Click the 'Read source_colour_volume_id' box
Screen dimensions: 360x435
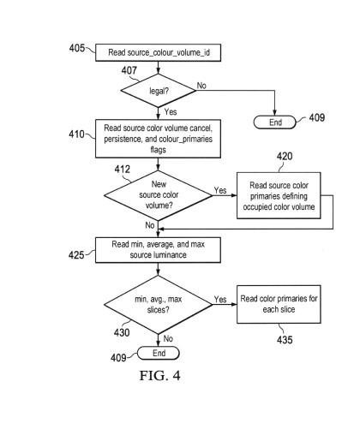[x=158, y=52]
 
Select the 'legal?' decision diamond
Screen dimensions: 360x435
[x=159, y=91]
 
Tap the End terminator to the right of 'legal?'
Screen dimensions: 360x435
[x=275, y=122]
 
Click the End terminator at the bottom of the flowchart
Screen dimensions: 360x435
[x=159, y=353]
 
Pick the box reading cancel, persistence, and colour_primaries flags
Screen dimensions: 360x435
[x=158, y=139]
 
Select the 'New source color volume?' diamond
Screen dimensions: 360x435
[x=159, y=195]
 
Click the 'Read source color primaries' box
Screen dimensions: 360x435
[x=279, y=195]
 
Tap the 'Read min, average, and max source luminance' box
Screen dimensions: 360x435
[x=158, y=250]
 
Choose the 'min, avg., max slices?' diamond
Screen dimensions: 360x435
[x=159, y=305]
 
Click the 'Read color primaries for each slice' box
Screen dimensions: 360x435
[x=279, y=304]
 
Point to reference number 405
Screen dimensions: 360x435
[x=77, y=48]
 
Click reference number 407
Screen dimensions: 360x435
[x=129, y=70]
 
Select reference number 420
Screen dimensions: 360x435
[x=285, y=156]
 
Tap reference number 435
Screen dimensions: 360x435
[x=285, y=340]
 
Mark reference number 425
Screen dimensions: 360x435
[x=76, y=254]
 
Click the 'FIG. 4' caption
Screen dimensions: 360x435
[x=160, y=375]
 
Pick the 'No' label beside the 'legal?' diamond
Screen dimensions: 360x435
[x=201, y=86]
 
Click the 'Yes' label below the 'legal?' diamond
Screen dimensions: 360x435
[x=171, y=111]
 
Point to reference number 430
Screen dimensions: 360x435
[x=122, y=332]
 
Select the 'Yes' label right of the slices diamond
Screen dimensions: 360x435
[x=220, y=299]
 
